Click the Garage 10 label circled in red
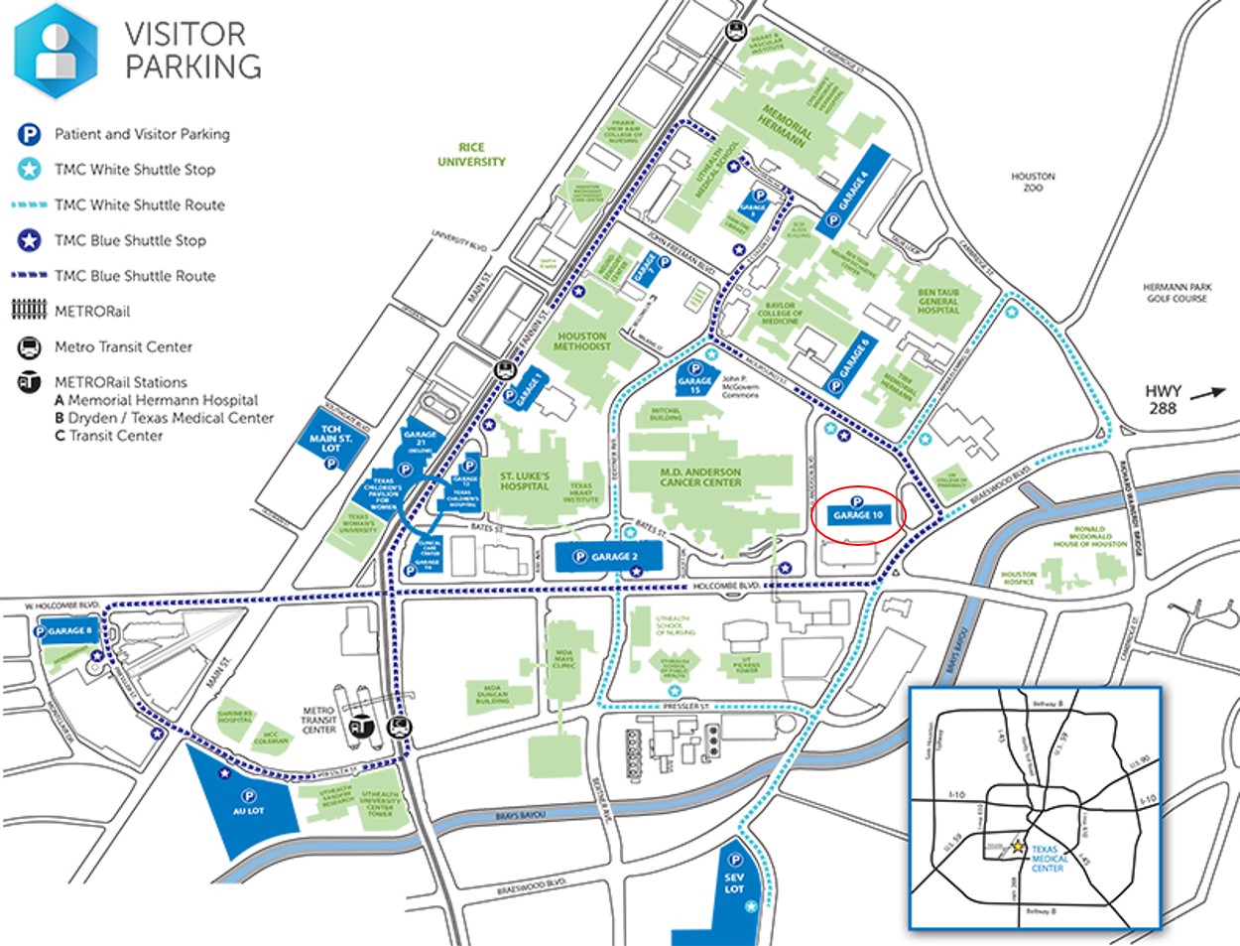pyautogui.click(x=858, y=515)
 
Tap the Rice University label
pyautogui.click(x=471, y=155)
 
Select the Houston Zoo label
pyautogui.click(x=1033, y=182)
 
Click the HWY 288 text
pyautogui.click(x=1163, y=399)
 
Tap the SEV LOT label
pyautogui.click(x=734, y=882)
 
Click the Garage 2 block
pyautogui.click(x=608, y=557)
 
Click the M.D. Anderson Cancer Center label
pyautogui.click(x=700, y=477)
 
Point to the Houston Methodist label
pyautogui.click(x=582, y=341)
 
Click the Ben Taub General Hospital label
pyautogui.click(x=937, y=302)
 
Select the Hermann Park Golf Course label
pyautogui.click(x=1178, y=293)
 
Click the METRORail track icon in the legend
pyautogui.click(x=29, y=311)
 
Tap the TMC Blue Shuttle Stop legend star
pyautogui.click(x=29, y=240)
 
